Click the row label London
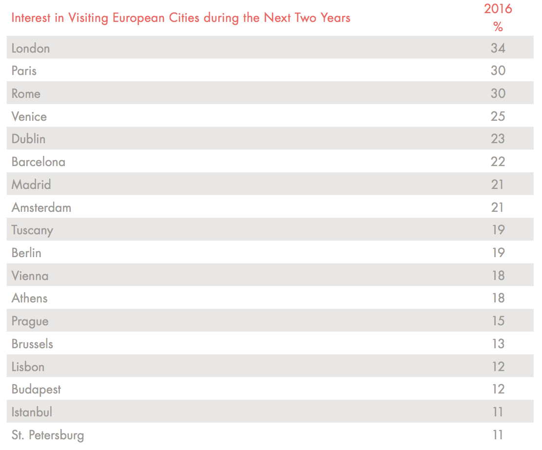30,48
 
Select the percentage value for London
498,48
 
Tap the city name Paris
24,71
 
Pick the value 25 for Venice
498,116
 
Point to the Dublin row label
28,139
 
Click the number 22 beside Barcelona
498,162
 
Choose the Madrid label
31,185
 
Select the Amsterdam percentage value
498,207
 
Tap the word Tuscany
32,230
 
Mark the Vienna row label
30,276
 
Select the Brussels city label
32,344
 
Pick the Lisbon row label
28,366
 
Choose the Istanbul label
32,412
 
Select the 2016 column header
498,9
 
